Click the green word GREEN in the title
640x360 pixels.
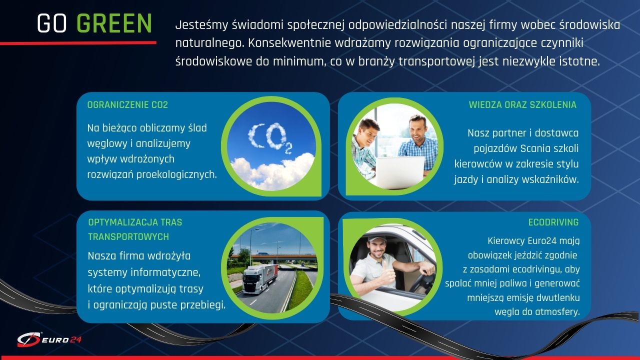[114, 23]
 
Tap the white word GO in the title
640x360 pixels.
[52, 23]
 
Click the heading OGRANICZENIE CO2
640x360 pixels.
[127, 105]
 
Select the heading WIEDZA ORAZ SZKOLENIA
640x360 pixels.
[522, 105]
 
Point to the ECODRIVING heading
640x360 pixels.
[553, 222]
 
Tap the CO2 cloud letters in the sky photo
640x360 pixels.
[270, 138]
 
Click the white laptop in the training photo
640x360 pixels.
[400, 172]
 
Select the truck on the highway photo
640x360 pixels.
[260, 279]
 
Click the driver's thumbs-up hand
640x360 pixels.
[388, 273]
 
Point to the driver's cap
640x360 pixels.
[376, 238]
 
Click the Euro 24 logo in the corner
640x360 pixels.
[49, 339]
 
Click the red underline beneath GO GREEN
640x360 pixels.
[78, 43]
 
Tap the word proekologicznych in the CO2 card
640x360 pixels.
[176, 175]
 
